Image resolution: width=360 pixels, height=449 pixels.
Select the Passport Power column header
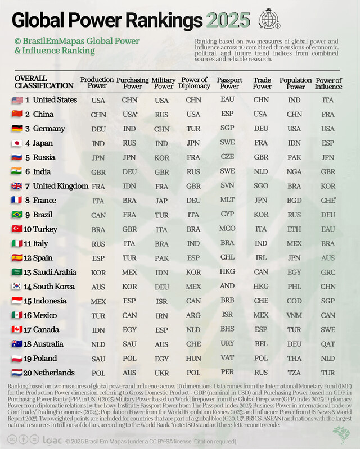[229, 83]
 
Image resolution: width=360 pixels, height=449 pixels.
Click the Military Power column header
[163, 83]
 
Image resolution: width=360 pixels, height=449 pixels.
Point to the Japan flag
[17, 143]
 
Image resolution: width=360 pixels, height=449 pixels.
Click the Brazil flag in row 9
[17, 215]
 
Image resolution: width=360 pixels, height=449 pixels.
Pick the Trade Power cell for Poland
[261, 358]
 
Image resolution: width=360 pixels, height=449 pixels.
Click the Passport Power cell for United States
[228, 100]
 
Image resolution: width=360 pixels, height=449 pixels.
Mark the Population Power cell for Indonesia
[295, 301]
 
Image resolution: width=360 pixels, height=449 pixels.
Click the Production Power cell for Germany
[98, 129]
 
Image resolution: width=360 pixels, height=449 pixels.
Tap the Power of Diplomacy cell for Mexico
[193, 315]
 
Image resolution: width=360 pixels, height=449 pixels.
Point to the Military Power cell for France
[162, 201]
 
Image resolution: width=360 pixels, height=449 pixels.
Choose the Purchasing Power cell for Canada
[130, 329]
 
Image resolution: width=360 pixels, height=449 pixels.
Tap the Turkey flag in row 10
[17, 229]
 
